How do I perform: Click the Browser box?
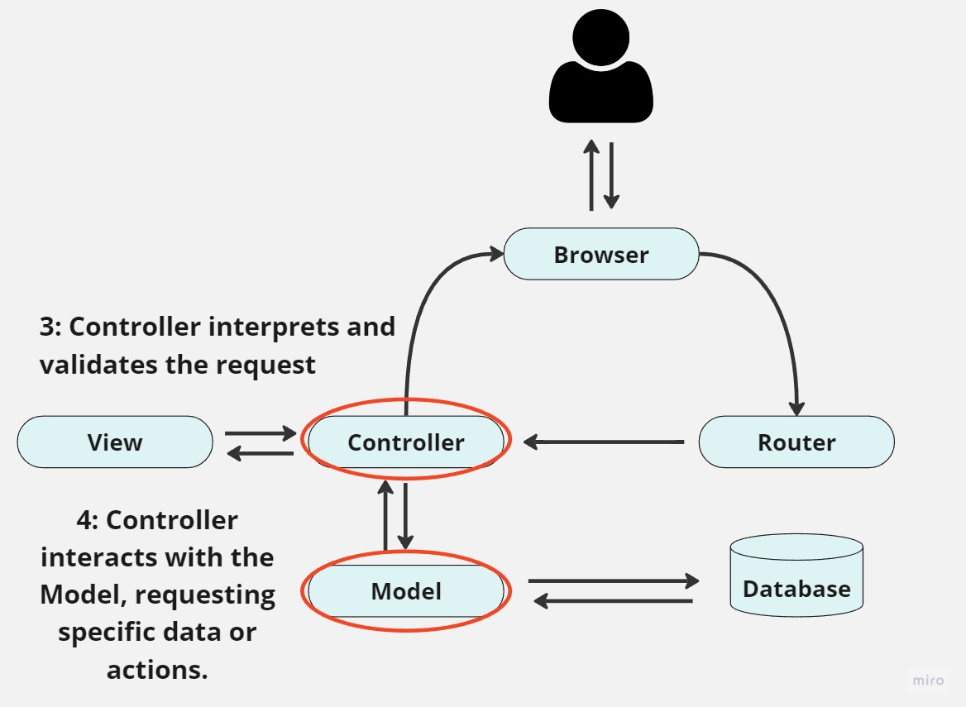tap(601, 254)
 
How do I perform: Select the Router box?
tap(796, 442)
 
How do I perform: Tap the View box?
tap(115, 442)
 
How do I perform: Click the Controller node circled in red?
tap(405, 442)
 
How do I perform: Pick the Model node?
tap(405, 591)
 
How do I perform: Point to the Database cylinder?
tap(796, 579)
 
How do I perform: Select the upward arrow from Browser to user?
tap(591, 175)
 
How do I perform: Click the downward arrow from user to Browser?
tap(611, 175)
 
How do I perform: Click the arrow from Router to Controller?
tap(604, 442)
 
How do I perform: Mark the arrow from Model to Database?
tap(613, 581)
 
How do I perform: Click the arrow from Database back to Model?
tap(613, 601)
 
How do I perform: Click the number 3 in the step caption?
tap(46, 327)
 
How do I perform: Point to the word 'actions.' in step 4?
tap(157, 669)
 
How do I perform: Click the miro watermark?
tap(928, 680)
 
